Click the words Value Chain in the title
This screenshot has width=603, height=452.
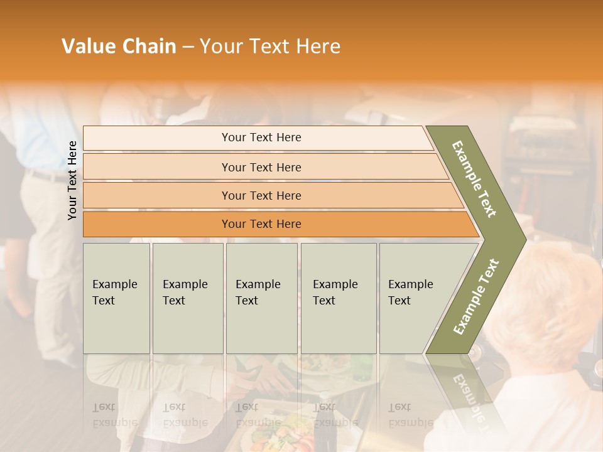tap(119, 46)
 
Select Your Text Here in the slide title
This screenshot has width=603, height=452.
tap(270, 46)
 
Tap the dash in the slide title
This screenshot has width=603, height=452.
tap(188, 47)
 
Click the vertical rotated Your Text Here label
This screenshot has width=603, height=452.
tap(73, 180)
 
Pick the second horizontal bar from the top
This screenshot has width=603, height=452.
tap(261, 167)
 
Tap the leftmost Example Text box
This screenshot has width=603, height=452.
tap(116, 298)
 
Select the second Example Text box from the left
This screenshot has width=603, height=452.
tap(188, 298)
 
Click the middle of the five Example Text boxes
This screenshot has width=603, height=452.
tap(261, 298)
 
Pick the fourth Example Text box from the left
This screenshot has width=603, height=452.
tap(339, 298)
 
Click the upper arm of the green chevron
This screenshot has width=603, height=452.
tap(475, 179)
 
